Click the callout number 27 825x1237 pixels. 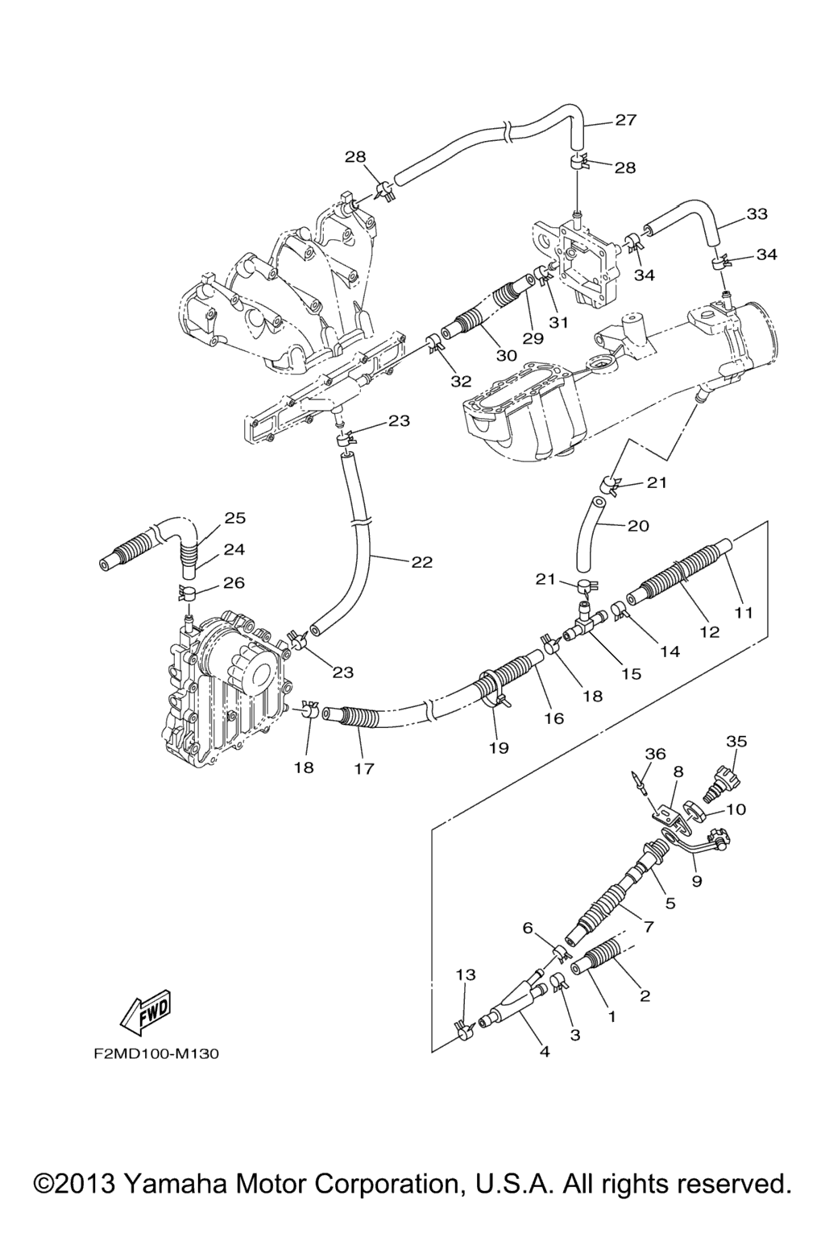(625, 120)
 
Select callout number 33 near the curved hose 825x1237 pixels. (757, 213)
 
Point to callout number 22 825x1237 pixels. (421, 562)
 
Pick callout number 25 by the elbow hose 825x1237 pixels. (234, 518)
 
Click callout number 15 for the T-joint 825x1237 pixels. (631, 673)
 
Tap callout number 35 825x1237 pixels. (736, 742)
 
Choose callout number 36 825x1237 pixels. (655, 754)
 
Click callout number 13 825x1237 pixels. (466, 974)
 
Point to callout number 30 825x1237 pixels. (506, 356)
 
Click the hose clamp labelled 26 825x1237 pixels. (189, 594)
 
